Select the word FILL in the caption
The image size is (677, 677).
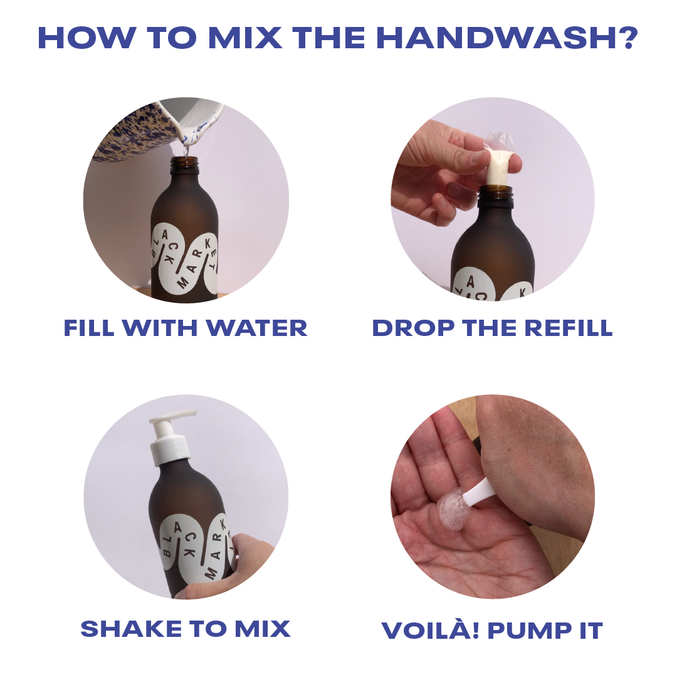click(89, 327)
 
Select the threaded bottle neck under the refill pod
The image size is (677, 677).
click(496, 195)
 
